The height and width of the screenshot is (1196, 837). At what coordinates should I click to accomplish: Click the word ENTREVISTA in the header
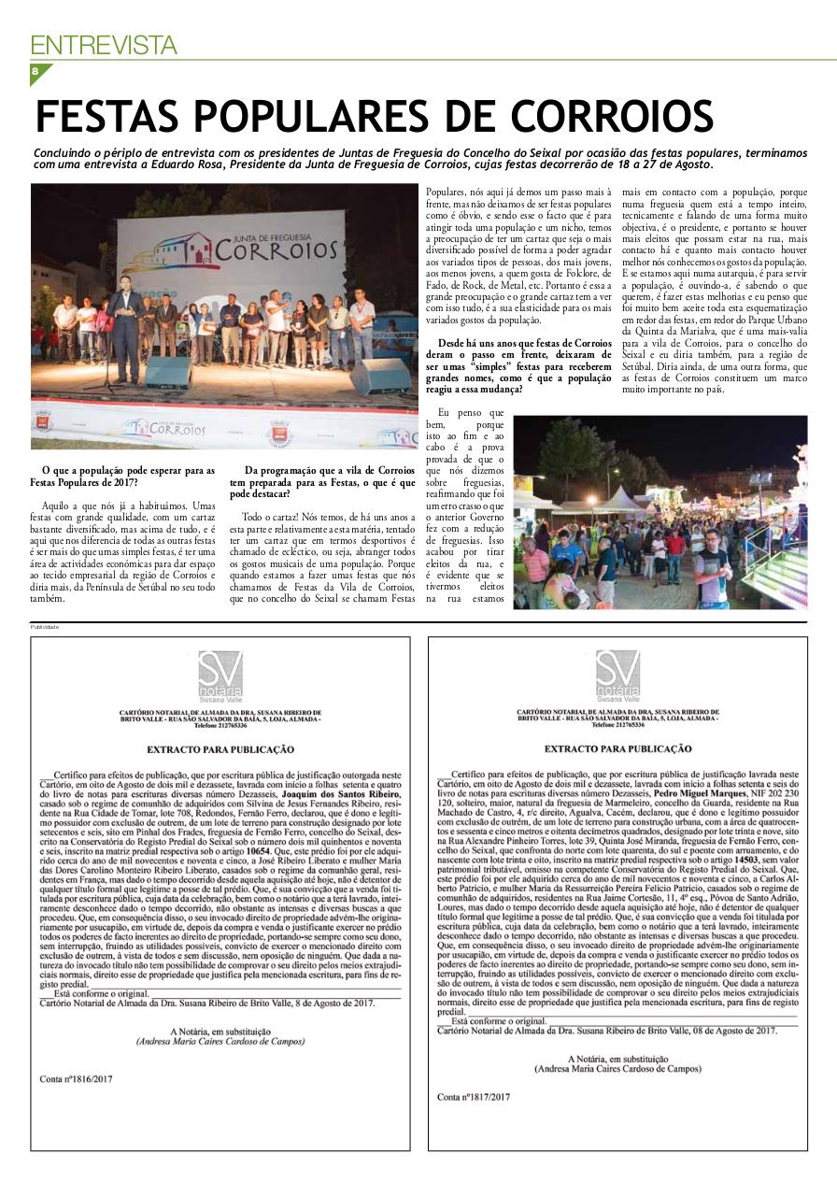point(103,44)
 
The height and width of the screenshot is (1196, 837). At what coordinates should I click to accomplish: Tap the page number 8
point(35,72)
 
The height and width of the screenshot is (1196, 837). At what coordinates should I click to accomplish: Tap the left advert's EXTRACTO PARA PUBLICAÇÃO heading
point(220,749)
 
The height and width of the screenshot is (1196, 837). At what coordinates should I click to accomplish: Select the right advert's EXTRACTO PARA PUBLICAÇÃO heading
point(617,749)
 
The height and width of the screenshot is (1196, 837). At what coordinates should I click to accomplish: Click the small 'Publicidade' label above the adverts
point(44,627)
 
